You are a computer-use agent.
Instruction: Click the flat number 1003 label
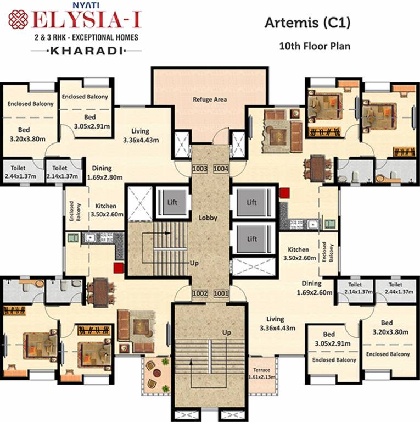[200, 169]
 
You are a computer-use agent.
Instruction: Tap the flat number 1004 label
[221, 169]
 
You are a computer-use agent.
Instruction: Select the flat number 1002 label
[200, 294]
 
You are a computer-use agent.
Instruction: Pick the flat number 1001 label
[221, 294]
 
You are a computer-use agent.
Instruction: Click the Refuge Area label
[210, 99]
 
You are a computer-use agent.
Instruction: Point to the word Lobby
[208, 218]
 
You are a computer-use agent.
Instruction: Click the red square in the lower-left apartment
[117, 268]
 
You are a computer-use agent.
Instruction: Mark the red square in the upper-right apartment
[284, 193]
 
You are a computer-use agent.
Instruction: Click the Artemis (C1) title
[307, 23]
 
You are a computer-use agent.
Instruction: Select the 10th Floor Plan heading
[315, 46]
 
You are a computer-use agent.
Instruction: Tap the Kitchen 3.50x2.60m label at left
[105, 210]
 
